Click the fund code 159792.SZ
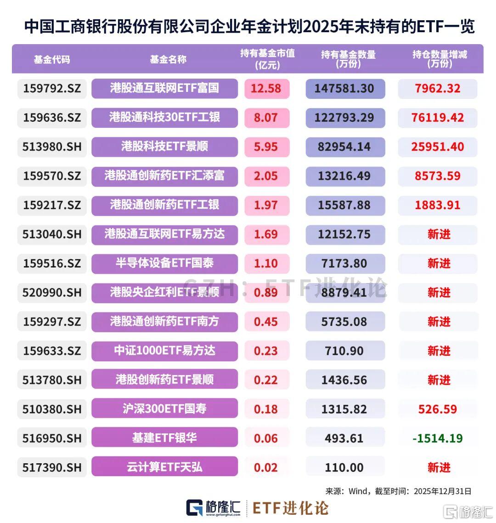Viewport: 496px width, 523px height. coord(52,88)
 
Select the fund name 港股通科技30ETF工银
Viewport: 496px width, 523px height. coord(164,117)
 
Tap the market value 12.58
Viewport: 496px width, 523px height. coord(266,88)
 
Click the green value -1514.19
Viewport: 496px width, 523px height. coord(437,438)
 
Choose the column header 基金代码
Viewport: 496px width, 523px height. coord(51,59)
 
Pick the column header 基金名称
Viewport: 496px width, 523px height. coord(168,59)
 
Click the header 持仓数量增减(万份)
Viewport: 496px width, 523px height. coord(440,59)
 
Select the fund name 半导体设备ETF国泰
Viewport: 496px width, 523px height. coord(164,263)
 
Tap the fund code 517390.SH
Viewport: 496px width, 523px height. coord(52,467)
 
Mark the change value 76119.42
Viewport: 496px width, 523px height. coord(437,118)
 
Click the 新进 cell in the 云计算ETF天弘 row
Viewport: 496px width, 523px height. coord(439,467)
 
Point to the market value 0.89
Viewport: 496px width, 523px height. coord(266,292)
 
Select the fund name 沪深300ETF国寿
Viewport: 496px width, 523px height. coord(164,409)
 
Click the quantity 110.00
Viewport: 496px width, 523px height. coord(344,467)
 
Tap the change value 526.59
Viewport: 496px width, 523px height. coord(437,409)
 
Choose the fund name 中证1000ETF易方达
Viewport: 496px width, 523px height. coord(164,351)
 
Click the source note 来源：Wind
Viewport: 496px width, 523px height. coord(347,491)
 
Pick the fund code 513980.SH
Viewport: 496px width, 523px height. coord(52,147)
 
